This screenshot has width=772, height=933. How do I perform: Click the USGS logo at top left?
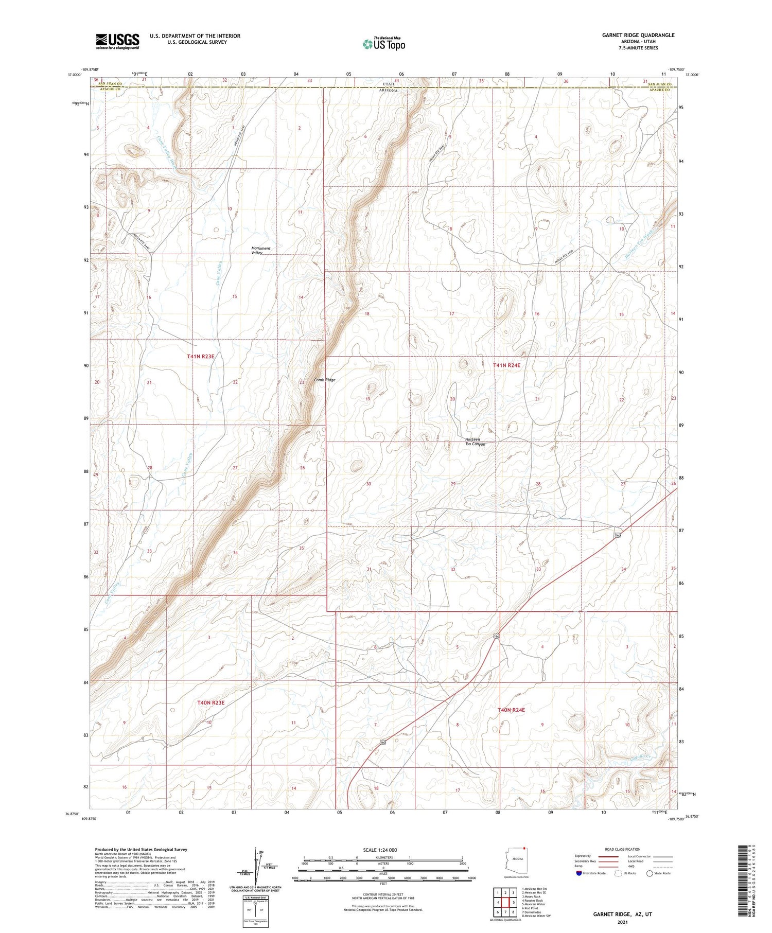(x=117, y=41)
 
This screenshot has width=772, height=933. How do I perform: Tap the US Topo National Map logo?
(x=383, y=44)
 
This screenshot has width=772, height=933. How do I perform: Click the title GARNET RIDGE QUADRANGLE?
(x=638, y=35)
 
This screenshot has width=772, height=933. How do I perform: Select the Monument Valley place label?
(x=261, y=251)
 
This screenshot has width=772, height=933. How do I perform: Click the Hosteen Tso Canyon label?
(x=475, y=442)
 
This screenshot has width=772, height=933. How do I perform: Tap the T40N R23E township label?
(x=211, y=702)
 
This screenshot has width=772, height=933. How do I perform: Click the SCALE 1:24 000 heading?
(x=380, y=850)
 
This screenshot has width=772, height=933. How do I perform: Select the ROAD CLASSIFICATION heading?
(x=622, y=849)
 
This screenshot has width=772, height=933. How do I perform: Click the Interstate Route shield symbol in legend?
(x=580, y=873)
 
